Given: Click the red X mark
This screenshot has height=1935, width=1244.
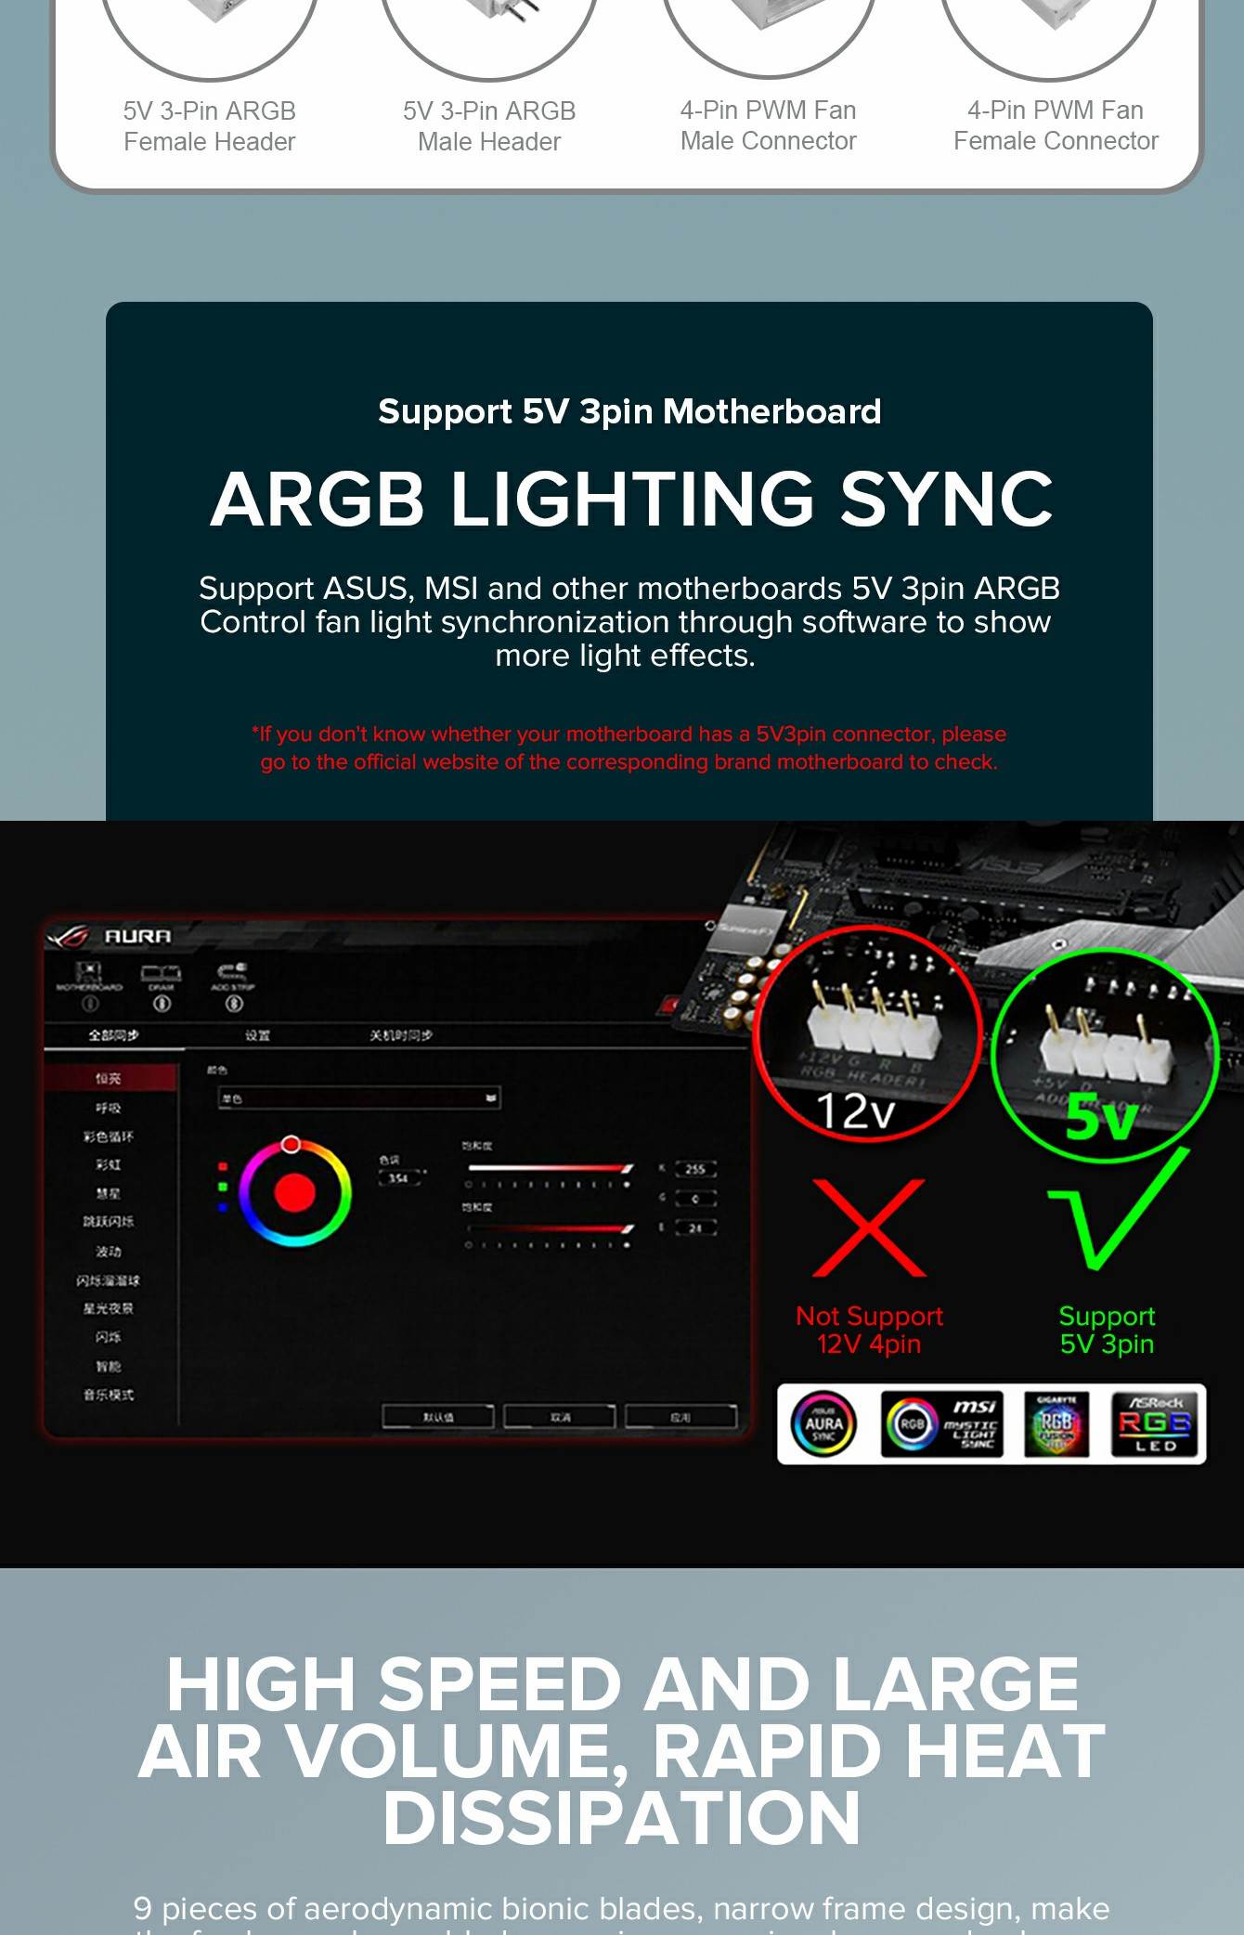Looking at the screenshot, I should pos(869,1227).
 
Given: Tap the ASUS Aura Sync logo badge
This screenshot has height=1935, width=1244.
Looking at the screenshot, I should pos(823,1423).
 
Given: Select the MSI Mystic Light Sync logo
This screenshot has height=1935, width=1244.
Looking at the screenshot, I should pos(941,1423).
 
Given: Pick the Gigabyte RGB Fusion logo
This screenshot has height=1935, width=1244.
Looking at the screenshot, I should pos(1056,1423).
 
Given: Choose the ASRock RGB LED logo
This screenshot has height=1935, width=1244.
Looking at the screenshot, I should pos(1154,1423).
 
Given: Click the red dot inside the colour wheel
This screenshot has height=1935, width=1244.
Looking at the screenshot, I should pos(295,1192).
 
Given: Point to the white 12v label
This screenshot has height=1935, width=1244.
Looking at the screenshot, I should pos(855,1110).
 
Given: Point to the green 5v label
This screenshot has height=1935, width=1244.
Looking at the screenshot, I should pos(1101,1117).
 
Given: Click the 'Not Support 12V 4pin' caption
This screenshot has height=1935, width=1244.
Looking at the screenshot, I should pos(869,1330).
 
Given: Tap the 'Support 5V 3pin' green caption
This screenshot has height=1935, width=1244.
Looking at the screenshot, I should pos(1107,1330).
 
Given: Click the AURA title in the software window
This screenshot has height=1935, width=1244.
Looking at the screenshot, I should pos(137,936).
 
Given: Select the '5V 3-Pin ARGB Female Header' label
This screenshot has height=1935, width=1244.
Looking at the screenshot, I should pos(210,126).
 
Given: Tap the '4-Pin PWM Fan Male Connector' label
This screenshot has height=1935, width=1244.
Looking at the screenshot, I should pos(768,125).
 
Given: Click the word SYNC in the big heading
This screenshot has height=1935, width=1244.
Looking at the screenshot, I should pos(946,499).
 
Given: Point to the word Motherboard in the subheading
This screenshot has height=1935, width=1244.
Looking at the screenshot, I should pos(771,411).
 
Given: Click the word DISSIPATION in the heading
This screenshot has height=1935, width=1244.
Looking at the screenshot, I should pos(621,1817).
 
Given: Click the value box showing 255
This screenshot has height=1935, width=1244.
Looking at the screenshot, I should pos(695,1169).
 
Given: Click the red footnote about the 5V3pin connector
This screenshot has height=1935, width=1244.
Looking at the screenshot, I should pos(628,747).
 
